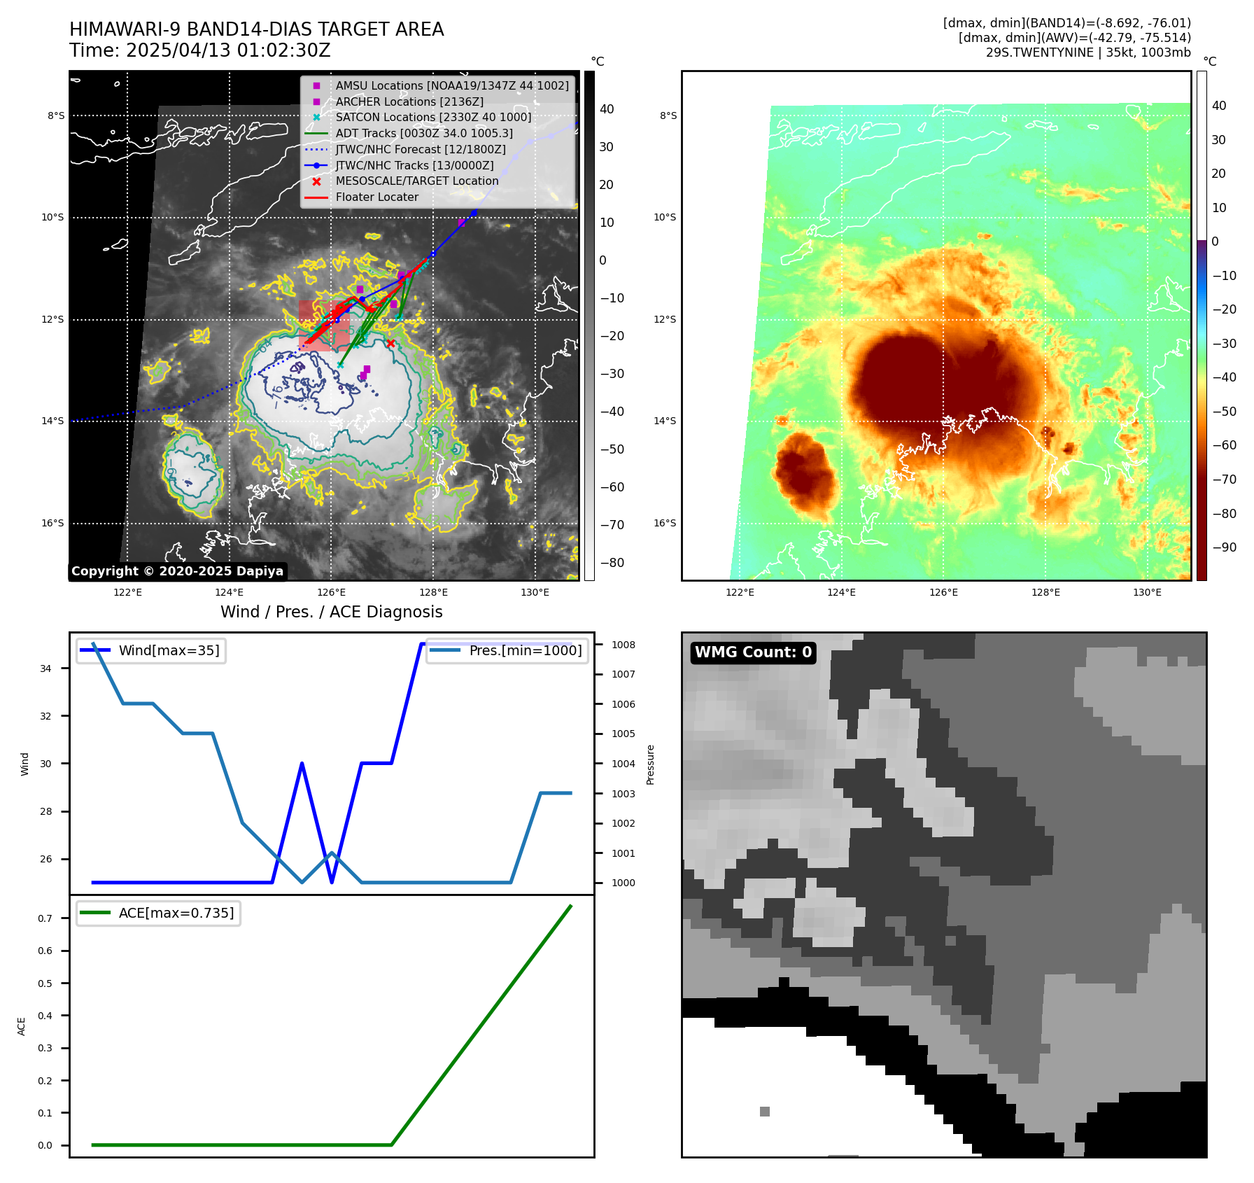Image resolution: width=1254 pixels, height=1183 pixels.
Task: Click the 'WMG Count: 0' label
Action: point(753,652)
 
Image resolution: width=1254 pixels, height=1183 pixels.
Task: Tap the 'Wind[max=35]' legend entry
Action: point(169,650)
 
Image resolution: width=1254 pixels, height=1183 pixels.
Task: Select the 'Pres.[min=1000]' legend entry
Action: point(525,650)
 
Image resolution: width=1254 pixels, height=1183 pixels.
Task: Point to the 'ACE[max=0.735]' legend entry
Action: point(176,913)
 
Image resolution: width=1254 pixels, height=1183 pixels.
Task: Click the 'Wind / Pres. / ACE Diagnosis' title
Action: point(331,612)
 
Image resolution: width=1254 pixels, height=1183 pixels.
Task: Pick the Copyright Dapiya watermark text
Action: point(177,571)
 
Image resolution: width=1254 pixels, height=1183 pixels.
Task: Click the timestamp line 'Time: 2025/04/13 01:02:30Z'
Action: point(199,50)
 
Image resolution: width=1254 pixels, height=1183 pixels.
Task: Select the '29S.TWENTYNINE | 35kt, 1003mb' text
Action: point(1088,52)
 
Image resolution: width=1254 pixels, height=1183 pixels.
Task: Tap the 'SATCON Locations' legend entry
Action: point(433,117)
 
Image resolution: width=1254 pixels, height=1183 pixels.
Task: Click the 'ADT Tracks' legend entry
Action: point(424,133)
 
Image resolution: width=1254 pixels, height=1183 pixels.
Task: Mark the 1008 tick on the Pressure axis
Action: point(623,645)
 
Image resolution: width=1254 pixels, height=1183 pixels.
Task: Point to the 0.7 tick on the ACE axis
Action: point(45,918)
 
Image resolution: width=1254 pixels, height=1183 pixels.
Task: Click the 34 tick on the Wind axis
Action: point(45,668)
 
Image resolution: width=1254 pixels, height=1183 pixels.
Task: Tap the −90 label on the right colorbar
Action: point(1224,547)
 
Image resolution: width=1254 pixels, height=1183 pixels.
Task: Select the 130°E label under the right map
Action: point(1147,592)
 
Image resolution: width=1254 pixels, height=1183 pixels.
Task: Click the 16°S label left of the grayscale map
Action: point(52,523)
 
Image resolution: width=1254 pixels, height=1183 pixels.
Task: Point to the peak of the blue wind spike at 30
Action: point(302,764)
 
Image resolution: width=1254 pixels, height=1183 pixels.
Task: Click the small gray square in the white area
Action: point(765,1112)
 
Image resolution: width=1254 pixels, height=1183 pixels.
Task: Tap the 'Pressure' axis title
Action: point(650,764)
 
